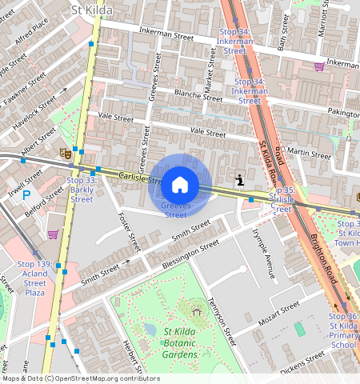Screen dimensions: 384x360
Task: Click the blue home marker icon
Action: point(180,184)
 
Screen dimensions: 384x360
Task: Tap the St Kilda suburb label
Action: point(92,10)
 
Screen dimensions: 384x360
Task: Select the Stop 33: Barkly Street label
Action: point(82,190)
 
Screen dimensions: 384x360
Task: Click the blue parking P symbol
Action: point(26,194)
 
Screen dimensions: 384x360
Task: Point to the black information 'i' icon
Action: point(239,180)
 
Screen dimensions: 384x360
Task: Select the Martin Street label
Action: point(308,153)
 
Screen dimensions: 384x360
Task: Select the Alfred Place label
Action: point(30,32)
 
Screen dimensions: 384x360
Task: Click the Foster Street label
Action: point(128,230)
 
